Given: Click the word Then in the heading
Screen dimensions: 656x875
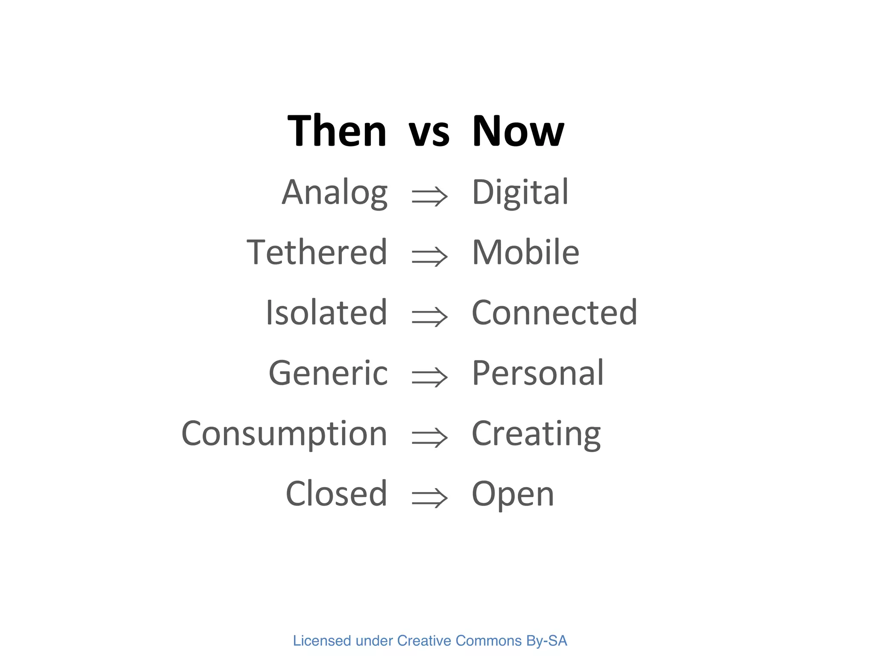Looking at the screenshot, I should point(337,131).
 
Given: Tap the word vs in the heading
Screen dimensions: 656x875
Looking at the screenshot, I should point(429,133).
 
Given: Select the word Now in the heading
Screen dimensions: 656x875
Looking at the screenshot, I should point(518,131).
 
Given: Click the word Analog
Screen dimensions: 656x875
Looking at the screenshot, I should point(335,193).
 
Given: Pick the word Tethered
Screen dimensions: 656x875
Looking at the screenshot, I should point(317,252).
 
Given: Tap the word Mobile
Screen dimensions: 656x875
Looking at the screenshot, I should point(526,252).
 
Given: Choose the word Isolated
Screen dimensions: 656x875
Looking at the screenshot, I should point(326,313).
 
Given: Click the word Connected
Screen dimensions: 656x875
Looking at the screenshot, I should point(554,313).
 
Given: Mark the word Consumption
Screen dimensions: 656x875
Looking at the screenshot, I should point(284,434).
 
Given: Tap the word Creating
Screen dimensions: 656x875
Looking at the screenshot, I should point(536,434).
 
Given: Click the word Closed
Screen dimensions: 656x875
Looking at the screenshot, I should point(336,494).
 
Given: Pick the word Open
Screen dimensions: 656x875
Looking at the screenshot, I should point(513,495).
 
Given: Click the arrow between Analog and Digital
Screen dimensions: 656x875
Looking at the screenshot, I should point(429,196).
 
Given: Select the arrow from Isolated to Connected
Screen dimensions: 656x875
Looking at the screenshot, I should point(429,317).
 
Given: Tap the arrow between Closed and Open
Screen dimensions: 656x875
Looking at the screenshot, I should point(429,498).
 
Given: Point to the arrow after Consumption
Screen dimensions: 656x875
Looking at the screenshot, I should point(429,438).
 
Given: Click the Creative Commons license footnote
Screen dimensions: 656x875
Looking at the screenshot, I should point(430,641).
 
